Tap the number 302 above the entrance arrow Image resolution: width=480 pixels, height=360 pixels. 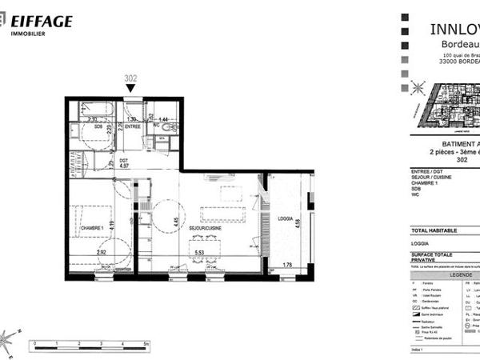pos(132,78)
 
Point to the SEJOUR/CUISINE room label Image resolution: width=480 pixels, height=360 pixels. pos(206,228)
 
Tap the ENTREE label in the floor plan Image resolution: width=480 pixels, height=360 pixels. pos(134,126)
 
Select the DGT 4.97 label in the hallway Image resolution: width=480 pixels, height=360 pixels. pos(113,165)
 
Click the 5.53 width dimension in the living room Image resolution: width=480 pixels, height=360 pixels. pos(198,252)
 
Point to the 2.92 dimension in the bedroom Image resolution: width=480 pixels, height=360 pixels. pos(102,252)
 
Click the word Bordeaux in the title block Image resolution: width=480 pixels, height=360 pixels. pos(457,44)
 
